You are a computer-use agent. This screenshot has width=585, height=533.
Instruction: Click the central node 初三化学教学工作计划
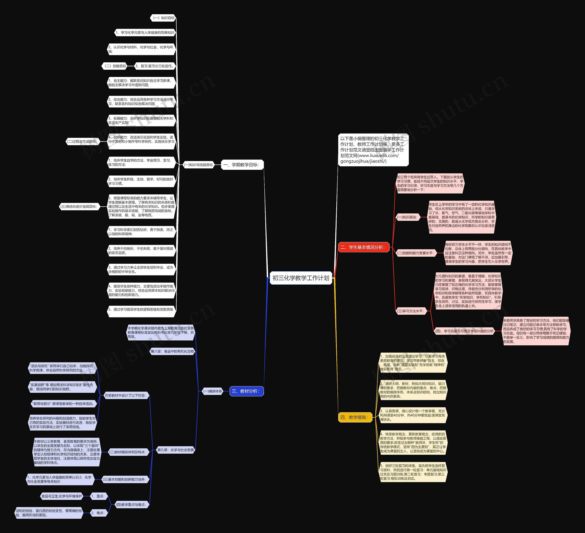click(301, 278)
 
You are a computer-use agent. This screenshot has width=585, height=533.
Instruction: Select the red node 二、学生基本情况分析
click(363, 247)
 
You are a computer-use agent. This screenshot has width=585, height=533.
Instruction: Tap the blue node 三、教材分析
click(246, 391)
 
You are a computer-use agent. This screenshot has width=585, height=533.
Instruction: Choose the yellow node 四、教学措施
click(355, 417)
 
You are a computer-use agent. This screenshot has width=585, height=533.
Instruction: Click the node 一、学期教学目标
click(242, 165)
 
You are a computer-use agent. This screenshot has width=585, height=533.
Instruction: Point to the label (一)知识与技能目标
click(199, 165)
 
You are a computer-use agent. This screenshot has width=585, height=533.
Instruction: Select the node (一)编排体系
click(213, 391)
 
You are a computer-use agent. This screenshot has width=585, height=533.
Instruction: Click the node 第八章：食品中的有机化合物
click(172, 351)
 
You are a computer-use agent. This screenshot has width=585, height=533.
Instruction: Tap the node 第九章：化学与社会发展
click(175, 450)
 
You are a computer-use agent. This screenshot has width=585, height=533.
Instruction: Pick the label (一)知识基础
click(408, 217)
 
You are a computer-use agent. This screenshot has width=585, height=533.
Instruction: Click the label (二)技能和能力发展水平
click(416, 253)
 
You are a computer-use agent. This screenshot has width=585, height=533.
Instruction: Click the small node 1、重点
click(98, 496)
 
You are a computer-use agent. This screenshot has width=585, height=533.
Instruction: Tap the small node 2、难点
click(98, 513)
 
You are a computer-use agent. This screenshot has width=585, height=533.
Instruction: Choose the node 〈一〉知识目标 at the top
click(163, 18)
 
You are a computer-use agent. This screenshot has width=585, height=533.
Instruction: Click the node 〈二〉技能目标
click(115, 66)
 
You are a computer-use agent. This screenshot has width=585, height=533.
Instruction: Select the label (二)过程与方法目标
click(83, 142)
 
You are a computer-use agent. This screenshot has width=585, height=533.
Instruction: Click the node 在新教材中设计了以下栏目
click(125, 395)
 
